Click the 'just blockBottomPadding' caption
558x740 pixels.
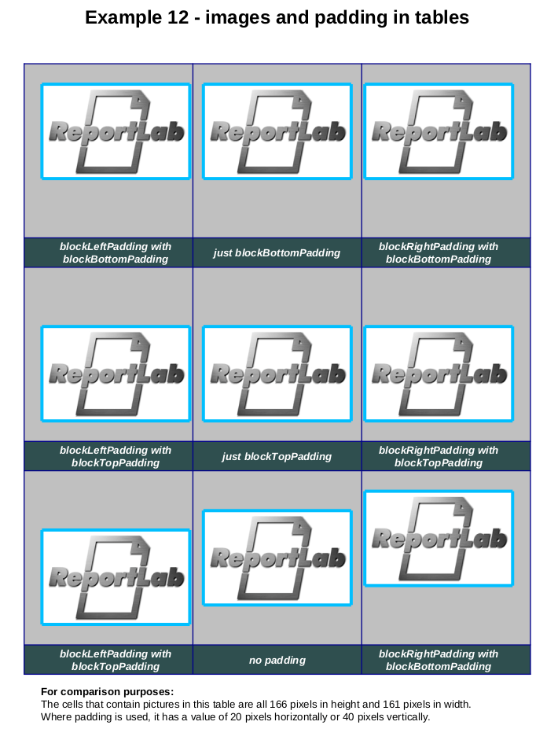[x=277, y=253]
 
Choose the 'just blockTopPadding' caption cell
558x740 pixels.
[x=277, y=456]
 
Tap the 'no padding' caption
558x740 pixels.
[x=277, y=661]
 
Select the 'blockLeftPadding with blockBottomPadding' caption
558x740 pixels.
[x=116, y=252]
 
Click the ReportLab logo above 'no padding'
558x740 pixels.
[x=277, y=558]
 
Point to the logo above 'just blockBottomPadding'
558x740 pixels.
[x=277, y=131]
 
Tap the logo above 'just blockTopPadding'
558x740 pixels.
[x=277, y=374]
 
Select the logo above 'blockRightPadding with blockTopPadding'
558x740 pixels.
[x=439, y=374]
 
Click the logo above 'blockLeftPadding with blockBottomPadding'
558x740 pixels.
[x=116, y=131]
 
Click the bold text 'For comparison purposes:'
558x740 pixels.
[x=107, y=692]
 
